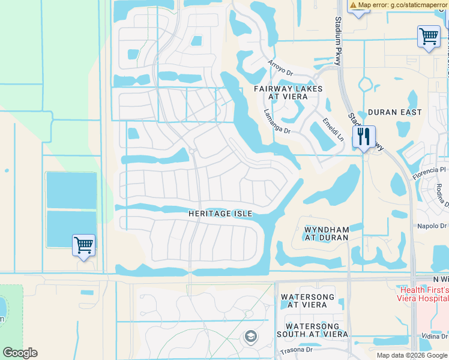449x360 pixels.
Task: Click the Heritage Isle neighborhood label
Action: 220,214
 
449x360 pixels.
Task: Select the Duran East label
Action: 394,112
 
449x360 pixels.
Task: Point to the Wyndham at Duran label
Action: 327,233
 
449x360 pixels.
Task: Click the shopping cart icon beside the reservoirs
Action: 83,245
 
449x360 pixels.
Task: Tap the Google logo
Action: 20,353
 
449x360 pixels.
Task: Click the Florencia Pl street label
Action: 430,174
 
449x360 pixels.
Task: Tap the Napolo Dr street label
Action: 432,226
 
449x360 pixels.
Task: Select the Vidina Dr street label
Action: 434,337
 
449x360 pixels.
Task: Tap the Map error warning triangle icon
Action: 354,5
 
